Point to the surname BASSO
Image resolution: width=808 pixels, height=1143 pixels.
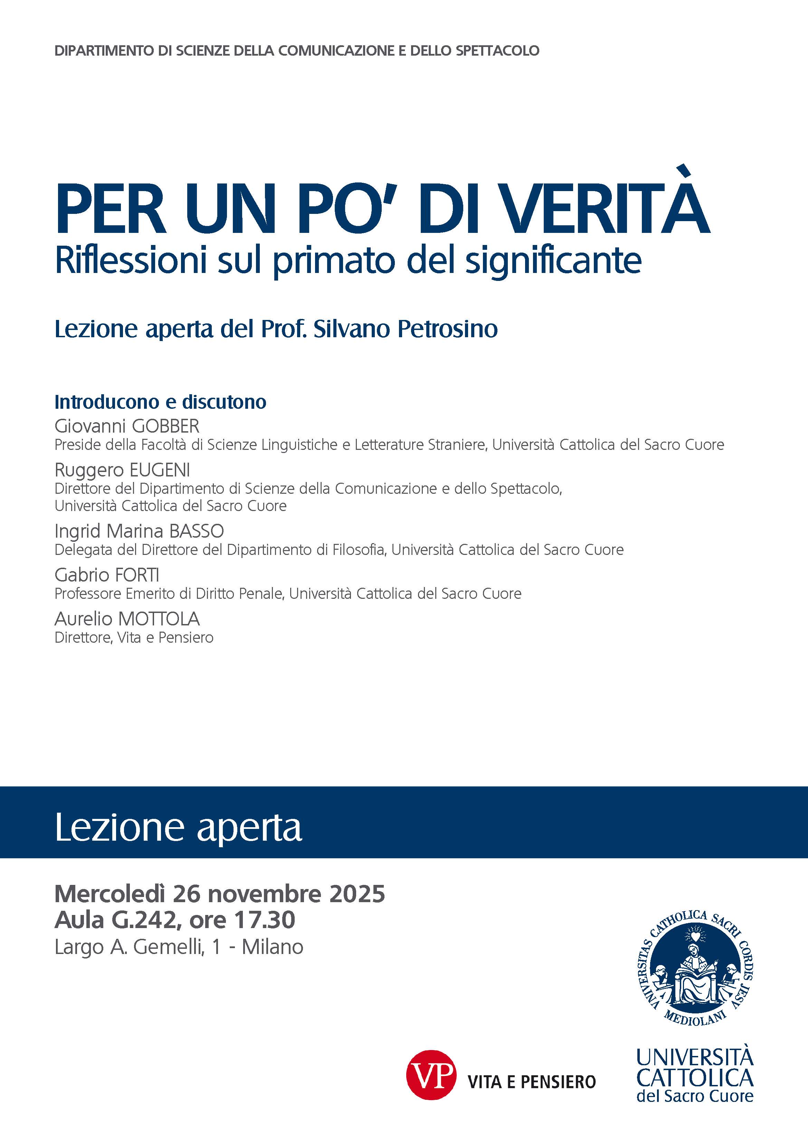tap(196, 531)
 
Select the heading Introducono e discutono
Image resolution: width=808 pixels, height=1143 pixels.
tap(160, 402)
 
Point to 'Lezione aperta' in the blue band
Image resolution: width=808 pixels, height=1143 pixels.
tap(178, 828)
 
